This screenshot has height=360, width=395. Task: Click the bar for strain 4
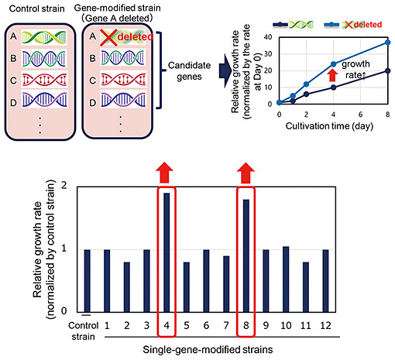167,252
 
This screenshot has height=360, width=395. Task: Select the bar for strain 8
246,255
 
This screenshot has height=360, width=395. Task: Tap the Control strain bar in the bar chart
88,281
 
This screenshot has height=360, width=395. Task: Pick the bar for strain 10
286,279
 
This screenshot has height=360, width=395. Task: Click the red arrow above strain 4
164,173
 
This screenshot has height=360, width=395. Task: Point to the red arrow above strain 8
246,173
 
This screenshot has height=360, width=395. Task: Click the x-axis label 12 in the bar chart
325,326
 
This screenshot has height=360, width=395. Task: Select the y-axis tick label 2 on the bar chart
64,185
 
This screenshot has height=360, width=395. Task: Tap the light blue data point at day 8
387,43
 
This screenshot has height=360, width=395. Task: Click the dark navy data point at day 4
333,87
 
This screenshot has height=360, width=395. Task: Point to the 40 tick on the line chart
268,37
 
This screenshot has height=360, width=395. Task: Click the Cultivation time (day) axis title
329,126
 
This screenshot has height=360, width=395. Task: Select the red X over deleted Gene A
108,38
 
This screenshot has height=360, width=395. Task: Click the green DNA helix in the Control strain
44,37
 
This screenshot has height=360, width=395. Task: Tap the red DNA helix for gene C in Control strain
44,80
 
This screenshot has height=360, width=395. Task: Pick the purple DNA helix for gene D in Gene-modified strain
123,100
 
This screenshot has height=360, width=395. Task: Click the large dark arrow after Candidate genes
225,70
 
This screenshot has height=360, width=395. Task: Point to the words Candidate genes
189,71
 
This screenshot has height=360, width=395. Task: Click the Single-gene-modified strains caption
208,350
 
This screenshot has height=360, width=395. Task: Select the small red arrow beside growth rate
332,76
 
